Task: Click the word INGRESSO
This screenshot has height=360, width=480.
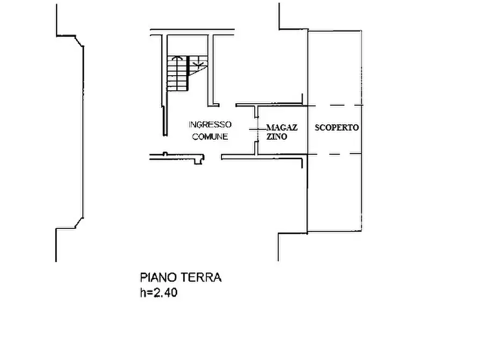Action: tap(210, 125)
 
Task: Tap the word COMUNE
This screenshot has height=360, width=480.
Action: tap(210, 136)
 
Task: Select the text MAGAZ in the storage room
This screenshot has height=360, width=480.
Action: tap(282, 127)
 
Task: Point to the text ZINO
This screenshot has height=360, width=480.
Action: tap(277, 136)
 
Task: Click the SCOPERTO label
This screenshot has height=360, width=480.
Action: tap(336, 127)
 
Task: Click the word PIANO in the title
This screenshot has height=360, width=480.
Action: tap(159, 278)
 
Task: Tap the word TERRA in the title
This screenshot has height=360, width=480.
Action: tap(201, 278)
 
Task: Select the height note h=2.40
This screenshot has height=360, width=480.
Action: tap(159, 293)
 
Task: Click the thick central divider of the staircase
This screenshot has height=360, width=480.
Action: tap(188, 74)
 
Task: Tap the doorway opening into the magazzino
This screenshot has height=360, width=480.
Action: tap(256, 129)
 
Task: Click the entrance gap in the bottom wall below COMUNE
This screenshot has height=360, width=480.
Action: tap(212, 157)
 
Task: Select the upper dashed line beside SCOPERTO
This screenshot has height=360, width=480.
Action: tap(335, 106)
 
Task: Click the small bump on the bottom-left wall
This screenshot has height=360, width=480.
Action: tap(165, 154)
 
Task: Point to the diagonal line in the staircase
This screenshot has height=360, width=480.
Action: tap(197, 71)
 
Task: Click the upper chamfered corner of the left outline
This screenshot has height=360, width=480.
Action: tap(80, 41)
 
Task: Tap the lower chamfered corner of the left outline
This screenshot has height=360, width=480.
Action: tap(80, 223)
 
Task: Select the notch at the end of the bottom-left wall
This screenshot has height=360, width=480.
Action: tap(199, 160)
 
